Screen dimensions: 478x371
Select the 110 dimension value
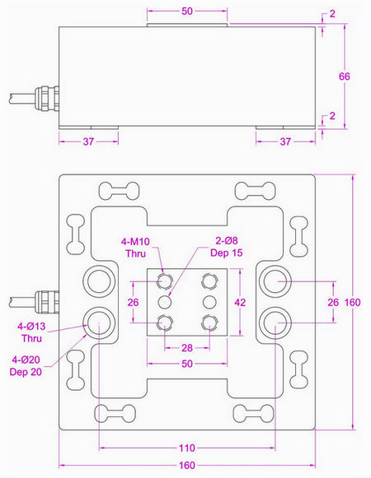pos(187,448)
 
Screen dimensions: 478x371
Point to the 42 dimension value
pos(240,302)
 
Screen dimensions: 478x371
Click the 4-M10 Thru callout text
pos(135,247)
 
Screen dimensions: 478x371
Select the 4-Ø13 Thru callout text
pos(31,332)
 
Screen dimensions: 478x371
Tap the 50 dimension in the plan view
pos(187,363)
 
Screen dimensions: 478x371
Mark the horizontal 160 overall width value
pos(187,466)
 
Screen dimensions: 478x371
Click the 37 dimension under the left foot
pos(87,142)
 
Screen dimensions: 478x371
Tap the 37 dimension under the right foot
pos(286,142)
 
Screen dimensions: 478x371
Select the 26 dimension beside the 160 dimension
pos(333,302)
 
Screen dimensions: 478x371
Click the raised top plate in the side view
pos(187,26)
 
